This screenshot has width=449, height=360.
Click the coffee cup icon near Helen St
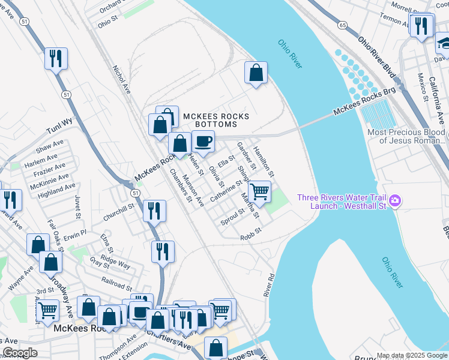[x=203, y=142]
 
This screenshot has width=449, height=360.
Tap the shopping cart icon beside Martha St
[x=259, y=192]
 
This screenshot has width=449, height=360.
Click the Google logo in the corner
[x=20, y=353]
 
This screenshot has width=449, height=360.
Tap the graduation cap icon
[x=444, y=43]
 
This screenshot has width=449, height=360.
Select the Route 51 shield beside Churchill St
[x=135, y=193]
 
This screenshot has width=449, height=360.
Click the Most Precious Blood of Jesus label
[x=406, y=136]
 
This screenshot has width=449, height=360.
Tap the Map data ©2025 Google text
[x=412, y=355]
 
